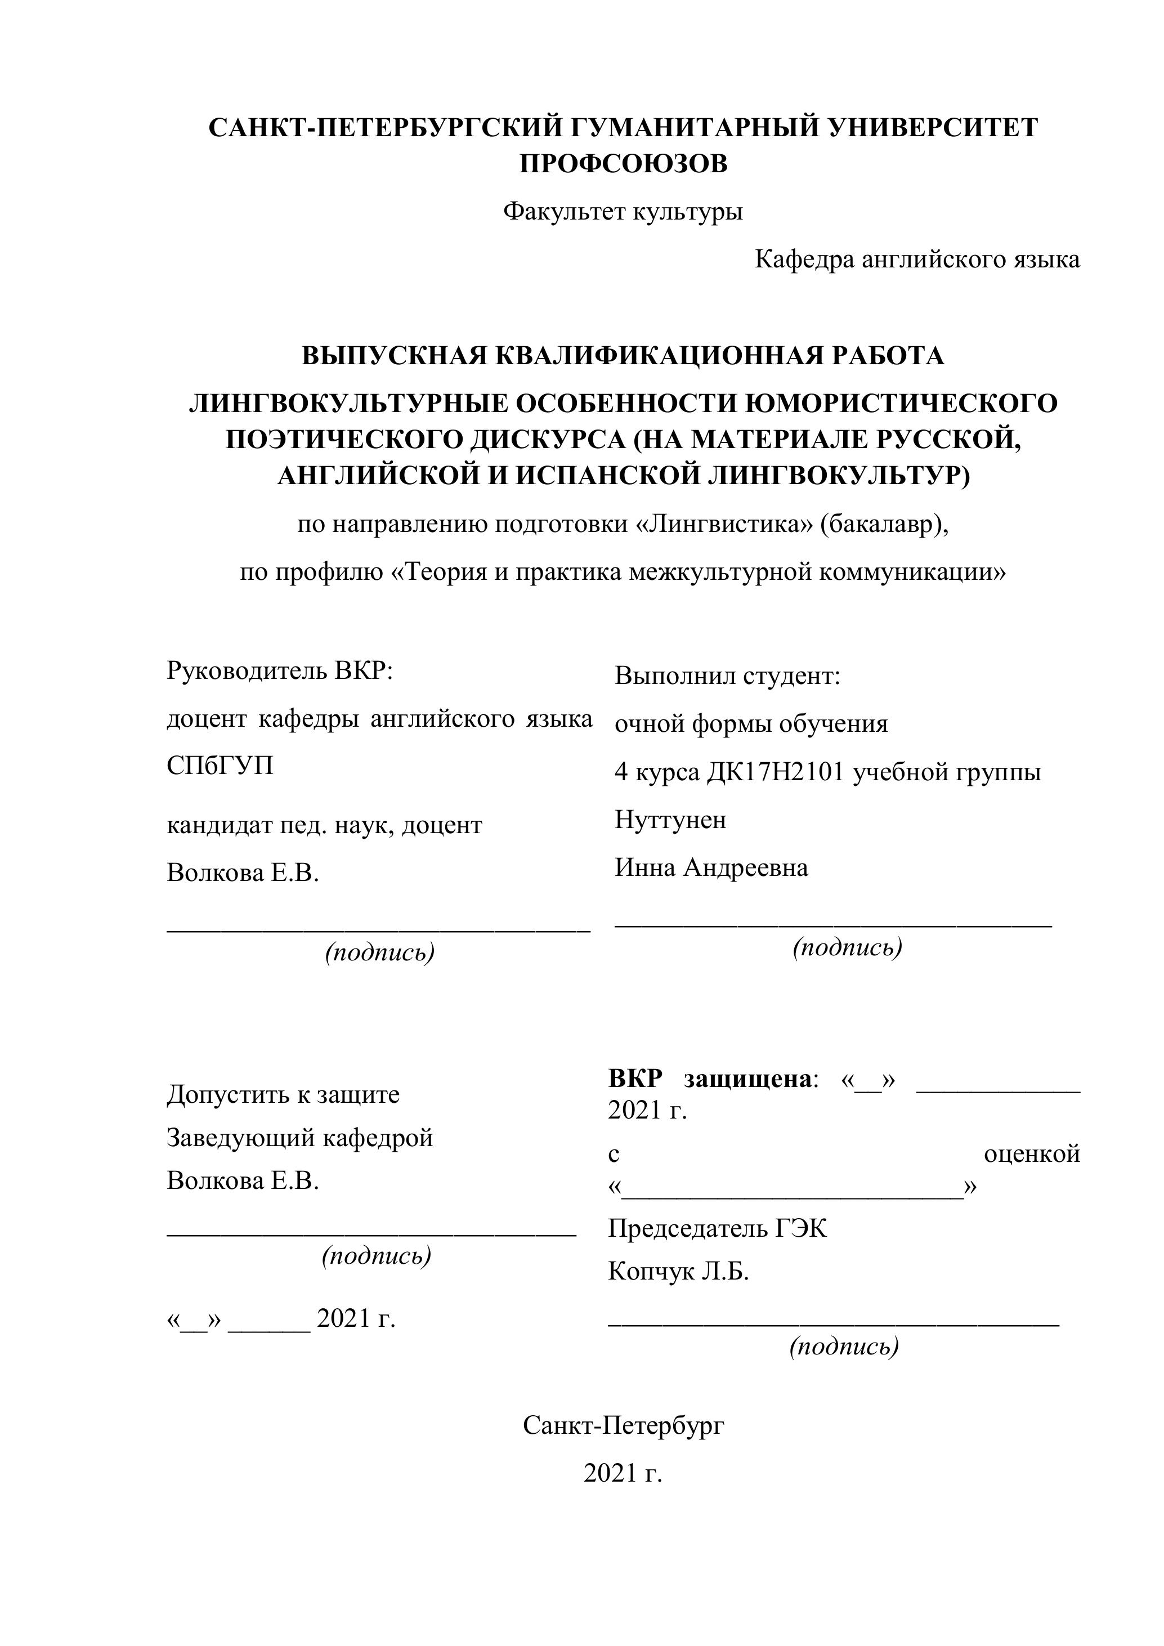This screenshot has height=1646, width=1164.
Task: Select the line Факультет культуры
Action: click(x=623, y=212)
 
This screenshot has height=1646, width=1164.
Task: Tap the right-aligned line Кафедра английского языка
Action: click(x=917, y=260)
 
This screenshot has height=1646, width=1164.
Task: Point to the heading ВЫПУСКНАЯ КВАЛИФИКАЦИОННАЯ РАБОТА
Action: click(x=623, y=356)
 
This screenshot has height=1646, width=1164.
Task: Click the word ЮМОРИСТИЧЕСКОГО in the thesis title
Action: click(x=901, y=404)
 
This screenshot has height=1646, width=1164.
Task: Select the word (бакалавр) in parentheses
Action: click(x=884, y=525)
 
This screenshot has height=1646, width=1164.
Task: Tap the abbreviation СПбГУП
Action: click(x=220, y=766)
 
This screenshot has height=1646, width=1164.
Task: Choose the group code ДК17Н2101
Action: click(x=776, y=772)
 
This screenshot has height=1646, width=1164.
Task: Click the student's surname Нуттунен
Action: click(x=670, y=820)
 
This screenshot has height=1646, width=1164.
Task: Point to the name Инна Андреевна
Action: click(x=711, y=867)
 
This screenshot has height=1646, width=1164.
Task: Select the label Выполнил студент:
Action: click(x=727, y=676)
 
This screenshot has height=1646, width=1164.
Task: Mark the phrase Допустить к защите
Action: click(x=283, y=1095)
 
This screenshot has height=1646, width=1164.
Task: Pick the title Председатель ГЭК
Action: click(x=717, y=1229)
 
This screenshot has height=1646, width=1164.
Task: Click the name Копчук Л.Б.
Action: click(x=678, y=1272)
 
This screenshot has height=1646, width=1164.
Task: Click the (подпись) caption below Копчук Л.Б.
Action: click(x=844, y=1347)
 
